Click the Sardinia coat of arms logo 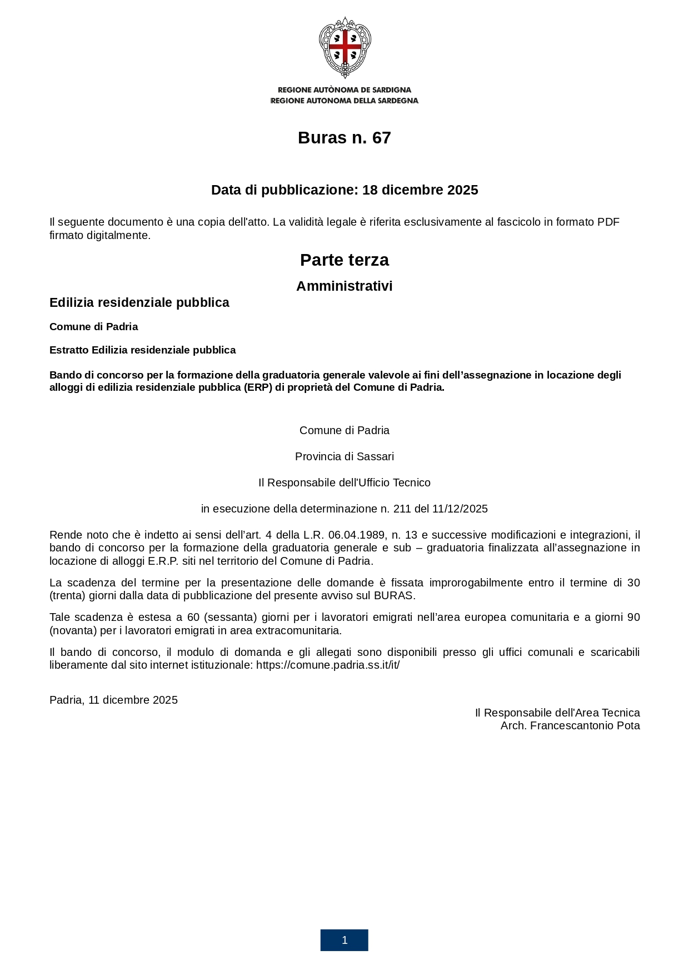tap(344, 47)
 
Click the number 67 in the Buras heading tap(381, 138)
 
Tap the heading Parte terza tap(344, 260)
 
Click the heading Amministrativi tap(344, 286)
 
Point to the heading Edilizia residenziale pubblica tap(139, 302)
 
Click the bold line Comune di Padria tap(93, 327)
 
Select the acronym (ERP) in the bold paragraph tap(258, 387)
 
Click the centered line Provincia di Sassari tap(344, 456)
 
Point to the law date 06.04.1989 tap(357, 535)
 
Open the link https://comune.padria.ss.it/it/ tap(328, 665)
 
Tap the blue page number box tap(344, 940)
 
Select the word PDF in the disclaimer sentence tap(608, 222)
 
